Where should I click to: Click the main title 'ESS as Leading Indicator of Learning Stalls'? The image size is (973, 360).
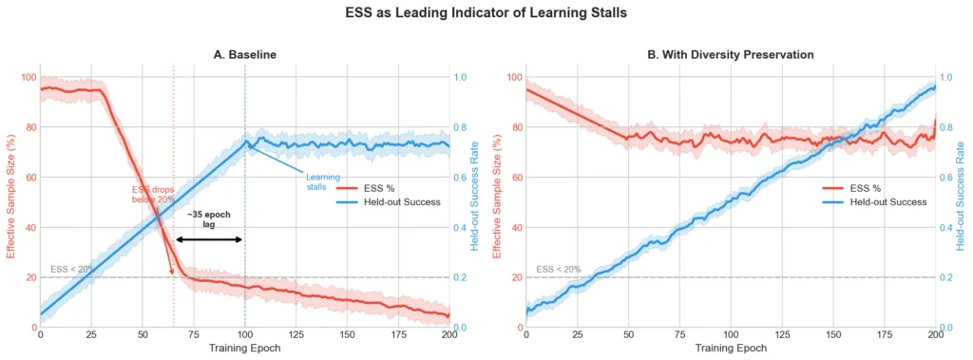[x=486, y=14]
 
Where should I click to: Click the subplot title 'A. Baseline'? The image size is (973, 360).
[x=244, y=55]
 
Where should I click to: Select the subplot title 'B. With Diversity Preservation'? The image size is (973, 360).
[x=730, y=55]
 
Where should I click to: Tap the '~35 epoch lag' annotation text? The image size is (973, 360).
[x=208, y=219]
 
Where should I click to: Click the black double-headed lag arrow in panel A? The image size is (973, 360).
[x=209, y=239]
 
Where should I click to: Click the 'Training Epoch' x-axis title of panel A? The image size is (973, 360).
[x=244, y=349]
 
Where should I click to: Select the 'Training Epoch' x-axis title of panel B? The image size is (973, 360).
[x=731, y=349]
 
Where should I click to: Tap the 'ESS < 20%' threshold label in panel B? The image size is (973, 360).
[x=558, y=270]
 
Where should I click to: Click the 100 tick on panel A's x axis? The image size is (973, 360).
[x=244, y=335]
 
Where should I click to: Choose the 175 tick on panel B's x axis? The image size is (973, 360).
[x=885, y=335]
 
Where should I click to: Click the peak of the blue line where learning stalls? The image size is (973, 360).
[x=245, y=142]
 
